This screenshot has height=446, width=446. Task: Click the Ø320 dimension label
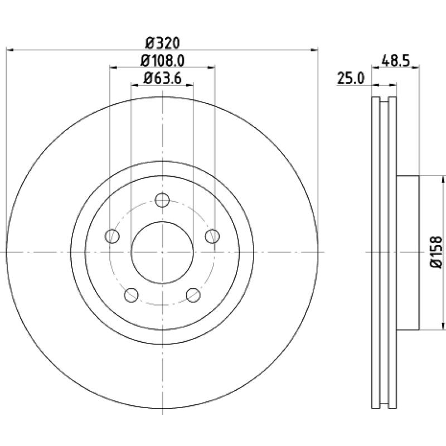coord(163,43)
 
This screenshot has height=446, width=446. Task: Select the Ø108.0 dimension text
coord(162,61)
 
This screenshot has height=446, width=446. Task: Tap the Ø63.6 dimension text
coord(162,79)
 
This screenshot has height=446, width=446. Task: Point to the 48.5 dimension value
coord(395,61)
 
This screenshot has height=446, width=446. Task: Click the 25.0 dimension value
coord(351,79)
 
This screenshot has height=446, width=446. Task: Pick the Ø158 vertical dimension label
coord(437,252)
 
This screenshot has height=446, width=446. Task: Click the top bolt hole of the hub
coord(162,200)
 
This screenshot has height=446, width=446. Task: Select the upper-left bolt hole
coord(112,236)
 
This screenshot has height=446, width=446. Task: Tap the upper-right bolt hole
coord(212,236)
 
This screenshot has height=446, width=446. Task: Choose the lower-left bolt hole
coord(131,295)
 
